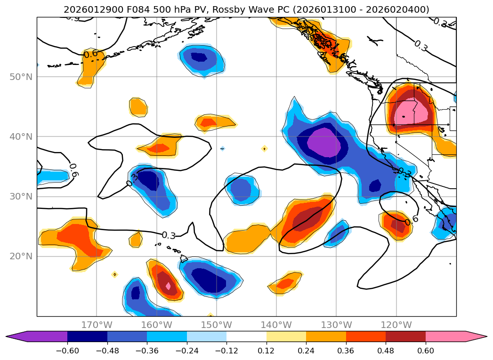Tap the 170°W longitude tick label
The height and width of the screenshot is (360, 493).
[x=97, y=325]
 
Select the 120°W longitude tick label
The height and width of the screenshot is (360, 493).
[x=396, y=325]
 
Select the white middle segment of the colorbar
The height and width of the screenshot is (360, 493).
[x=246, y=336]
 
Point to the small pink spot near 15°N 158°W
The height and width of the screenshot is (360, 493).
[x=168, y=286]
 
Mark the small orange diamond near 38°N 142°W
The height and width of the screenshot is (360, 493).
[x=264, y=149]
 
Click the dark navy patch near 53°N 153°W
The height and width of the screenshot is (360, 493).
[x=199, y=57]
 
